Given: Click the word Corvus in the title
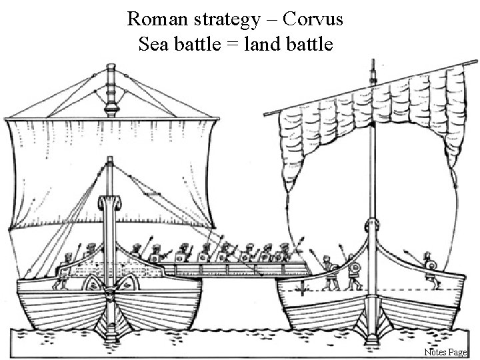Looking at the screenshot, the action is [x=313, y=19].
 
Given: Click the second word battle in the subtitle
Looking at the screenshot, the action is [x=317, y=44].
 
